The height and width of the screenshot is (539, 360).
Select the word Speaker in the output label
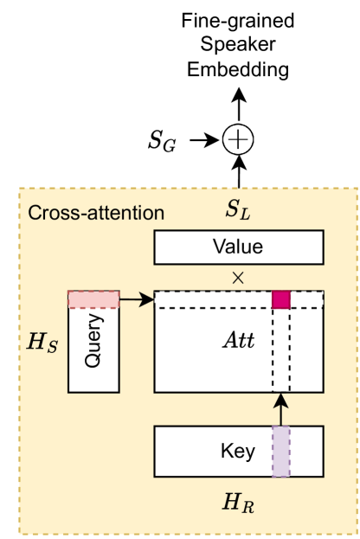(239, 43)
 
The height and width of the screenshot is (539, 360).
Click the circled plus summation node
(239, 138)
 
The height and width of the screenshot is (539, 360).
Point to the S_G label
(162, 140)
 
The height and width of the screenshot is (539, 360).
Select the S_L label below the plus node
(239, 209)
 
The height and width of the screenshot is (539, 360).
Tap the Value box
(238, 247)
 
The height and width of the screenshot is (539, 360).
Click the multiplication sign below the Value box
(239, 277)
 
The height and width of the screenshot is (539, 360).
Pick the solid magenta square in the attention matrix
(280, 299)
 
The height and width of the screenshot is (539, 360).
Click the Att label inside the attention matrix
(239, 340)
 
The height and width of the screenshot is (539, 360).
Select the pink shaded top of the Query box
(93, 299)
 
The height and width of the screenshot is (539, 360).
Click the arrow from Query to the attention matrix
(136, 299)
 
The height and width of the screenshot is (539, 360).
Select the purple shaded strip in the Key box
(280, 452)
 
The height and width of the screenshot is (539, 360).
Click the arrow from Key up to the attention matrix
(280, 409)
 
